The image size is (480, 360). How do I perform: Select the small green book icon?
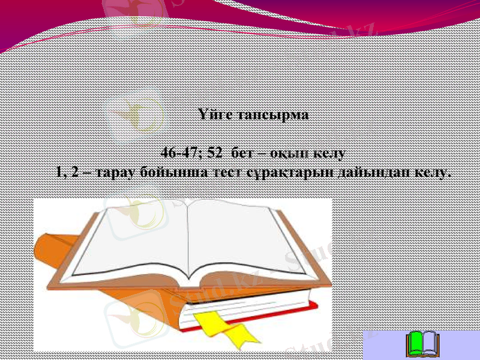[423, 343]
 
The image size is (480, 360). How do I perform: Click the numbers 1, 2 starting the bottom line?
[66, 173]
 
